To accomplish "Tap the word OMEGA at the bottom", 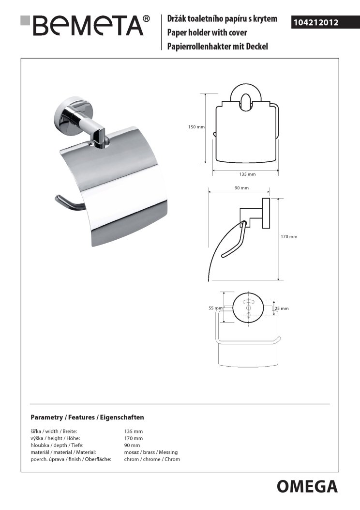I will pyautogui.click(x=307, y=486).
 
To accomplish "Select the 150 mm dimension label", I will pyautogui.click(x=196, y=127).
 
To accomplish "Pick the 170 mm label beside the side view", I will pyautogui.click(x=289, y=237).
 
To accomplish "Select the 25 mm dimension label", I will pyautogui.click(x=281, y=309).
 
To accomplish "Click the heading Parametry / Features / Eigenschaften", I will pyautogui.click(x=87, y=417).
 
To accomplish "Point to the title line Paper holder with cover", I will pyautogui.click(x=207, y=33).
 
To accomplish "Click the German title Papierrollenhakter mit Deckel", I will pyautogui.click(x=217, y=46).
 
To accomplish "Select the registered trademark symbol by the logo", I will pyautogui.click(x=146, y=19).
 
